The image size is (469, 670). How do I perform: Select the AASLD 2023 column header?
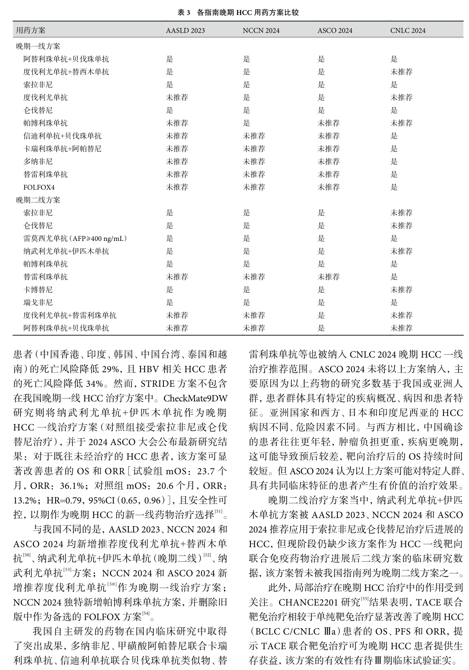coord(185,31)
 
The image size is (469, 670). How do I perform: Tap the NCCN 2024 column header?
coord(261,31)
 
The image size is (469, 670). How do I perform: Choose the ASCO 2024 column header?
coord(335,31)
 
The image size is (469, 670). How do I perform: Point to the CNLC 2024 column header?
coord(408,31)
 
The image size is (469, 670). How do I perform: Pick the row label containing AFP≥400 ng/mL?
coord(75,238)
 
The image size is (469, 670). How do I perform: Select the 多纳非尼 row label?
coord(38,161)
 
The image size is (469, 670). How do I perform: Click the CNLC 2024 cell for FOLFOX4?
coord(394,187)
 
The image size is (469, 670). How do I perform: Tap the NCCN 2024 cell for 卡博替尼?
coord(246,289)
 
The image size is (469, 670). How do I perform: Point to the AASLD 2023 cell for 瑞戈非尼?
coord(169,302)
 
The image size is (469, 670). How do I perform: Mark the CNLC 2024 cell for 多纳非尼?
coord(394,161)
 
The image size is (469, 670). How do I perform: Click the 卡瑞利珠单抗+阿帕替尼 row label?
coord(62,148)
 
